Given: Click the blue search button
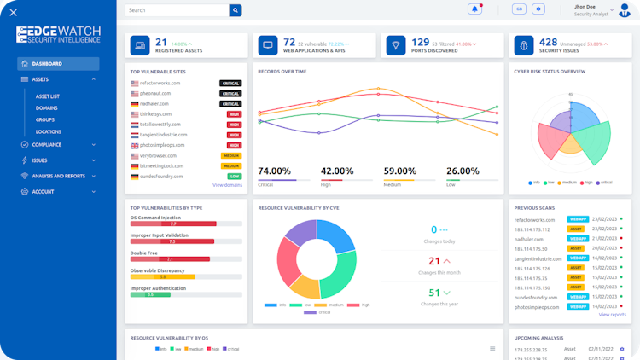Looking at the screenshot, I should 236,10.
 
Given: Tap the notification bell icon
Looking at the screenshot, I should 474,9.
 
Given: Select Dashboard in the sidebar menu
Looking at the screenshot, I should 57,64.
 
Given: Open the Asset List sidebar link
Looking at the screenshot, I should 48,96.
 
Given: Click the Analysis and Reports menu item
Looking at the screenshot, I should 58,176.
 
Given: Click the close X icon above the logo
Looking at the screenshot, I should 13,12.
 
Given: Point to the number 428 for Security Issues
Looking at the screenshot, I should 548,42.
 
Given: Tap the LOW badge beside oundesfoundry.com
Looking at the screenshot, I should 233,176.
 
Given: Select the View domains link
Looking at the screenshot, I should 227,185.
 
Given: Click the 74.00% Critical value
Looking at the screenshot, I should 275,171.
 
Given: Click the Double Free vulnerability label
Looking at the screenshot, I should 143,253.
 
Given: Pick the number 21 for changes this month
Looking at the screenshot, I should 433,261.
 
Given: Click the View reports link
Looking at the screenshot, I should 612,315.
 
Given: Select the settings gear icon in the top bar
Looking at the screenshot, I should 538,9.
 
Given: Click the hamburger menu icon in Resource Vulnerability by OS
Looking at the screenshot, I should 492,348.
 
